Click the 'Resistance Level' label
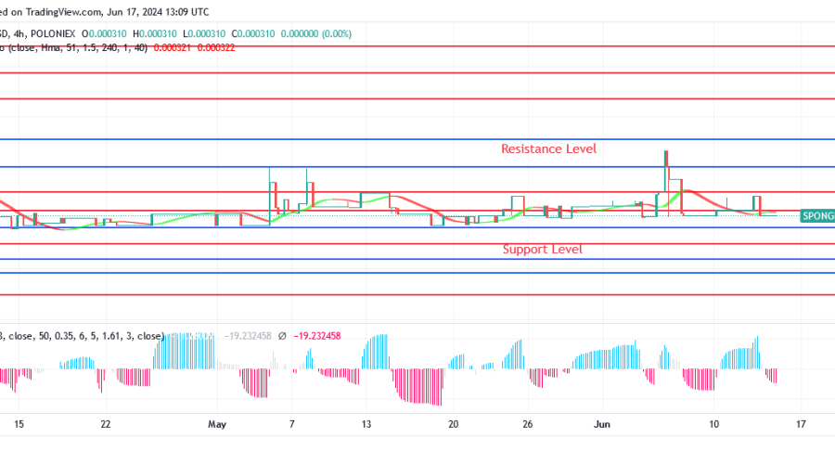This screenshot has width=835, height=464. [548, 148]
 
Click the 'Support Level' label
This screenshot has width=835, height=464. [542, 249]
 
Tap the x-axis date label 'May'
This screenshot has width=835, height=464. [217, 423]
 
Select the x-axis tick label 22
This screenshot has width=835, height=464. [106, 423]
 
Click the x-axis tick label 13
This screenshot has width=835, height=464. [366, 423]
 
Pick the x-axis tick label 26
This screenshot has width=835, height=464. [528, 423]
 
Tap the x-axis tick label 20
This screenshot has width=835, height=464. [453, 423]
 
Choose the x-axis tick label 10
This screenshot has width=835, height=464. [713, 423]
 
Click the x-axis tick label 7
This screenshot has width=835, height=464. [291, 423]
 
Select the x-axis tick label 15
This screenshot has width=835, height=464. [19, 423]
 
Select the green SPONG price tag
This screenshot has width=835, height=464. [816, 215]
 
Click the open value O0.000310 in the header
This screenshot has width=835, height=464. [108, 32]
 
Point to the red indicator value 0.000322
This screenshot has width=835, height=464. [216, 47]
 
